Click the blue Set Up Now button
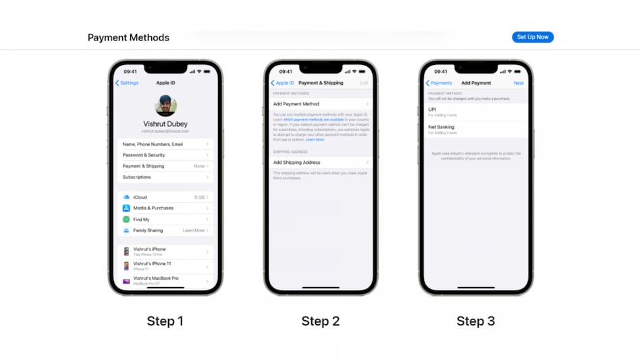click(x=533, y=37)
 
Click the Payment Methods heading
click(x=128, y=38)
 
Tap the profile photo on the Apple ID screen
click(x=165, y=105)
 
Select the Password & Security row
click(x=165, y=155)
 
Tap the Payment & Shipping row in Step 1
click(x=165, y=166)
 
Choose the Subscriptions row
click(x=165, y=177)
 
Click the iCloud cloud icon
click(x=126, y=197)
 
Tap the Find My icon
click(x=126, y=220)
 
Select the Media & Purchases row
click(x=165, y=208)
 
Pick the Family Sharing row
click(x=165, y=230)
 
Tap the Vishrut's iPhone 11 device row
click(x=165, y=265)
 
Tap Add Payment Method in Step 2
click(x=320, y=104)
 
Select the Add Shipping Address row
click(x=320, y=163)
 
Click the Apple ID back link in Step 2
click(x=283, y=83)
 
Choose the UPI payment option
click(x=475, y=110)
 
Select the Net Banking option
click(x=475, y=128)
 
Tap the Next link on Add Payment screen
click(x=518, y=83)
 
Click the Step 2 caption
click(x=320, y=322)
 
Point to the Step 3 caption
click(x=475, y=322)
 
